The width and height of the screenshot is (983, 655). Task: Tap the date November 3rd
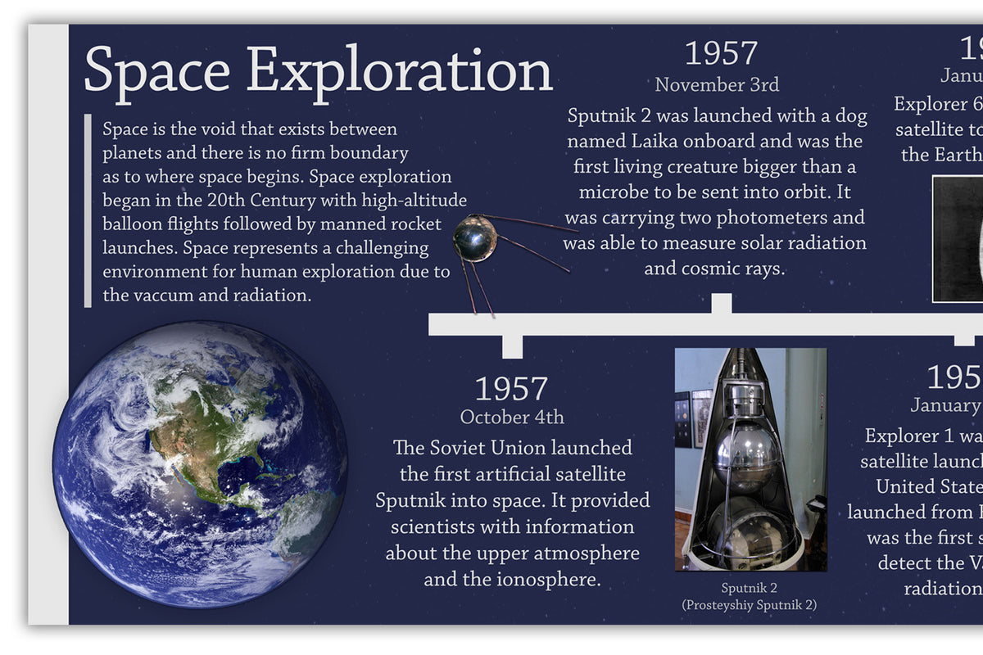coord(717,84)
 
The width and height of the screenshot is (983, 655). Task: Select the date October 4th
coord(512,417)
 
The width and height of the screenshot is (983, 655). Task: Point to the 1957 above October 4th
coord(512,389)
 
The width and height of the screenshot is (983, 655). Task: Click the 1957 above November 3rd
coord(721,53)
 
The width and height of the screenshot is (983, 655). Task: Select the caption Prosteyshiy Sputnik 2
coord(750,605)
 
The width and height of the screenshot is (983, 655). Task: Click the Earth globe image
coord(201,463)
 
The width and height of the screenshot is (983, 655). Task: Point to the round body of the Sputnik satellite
coord(475,237)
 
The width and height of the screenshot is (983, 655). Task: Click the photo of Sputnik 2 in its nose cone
coord(750,458)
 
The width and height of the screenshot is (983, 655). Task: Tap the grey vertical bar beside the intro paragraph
coord(87,210)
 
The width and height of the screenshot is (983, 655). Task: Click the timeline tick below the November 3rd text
coord(721,304)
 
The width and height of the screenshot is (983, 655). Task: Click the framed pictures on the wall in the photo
coord(692,418)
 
